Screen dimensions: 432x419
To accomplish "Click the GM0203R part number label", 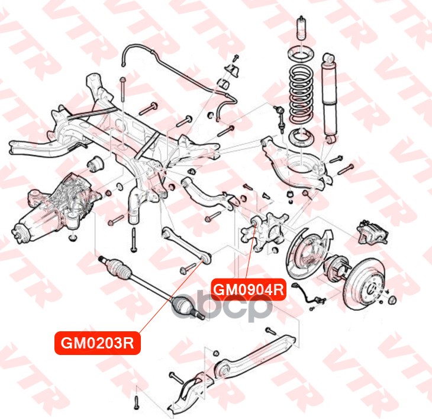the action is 98,344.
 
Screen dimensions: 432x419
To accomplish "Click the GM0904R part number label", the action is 249,290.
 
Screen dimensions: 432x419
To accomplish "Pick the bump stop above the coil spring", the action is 300,30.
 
